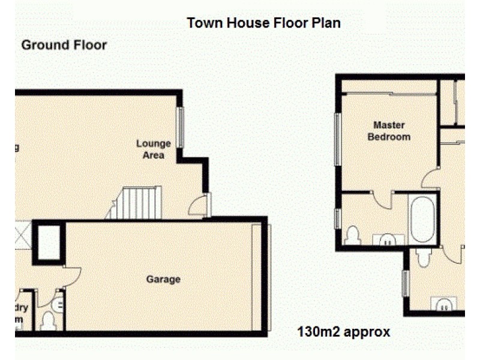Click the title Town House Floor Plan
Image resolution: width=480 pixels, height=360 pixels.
[263, 23]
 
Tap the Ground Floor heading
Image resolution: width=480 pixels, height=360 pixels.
[64, 45]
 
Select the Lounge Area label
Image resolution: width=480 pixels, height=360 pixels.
[154, 149]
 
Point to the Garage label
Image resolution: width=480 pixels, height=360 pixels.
[163, 279]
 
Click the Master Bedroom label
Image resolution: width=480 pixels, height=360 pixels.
[389, 131]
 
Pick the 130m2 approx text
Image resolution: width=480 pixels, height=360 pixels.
[344, 331]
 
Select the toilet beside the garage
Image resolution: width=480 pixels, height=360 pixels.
[48, 322]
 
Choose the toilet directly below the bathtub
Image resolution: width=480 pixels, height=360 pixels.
[424, 257]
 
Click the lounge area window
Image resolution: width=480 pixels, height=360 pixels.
[179, 127]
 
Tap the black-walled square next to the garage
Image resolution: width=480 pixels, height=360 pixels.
[49, 242]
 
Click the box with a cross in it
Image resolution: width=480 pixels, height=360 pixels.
[22, 235]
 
